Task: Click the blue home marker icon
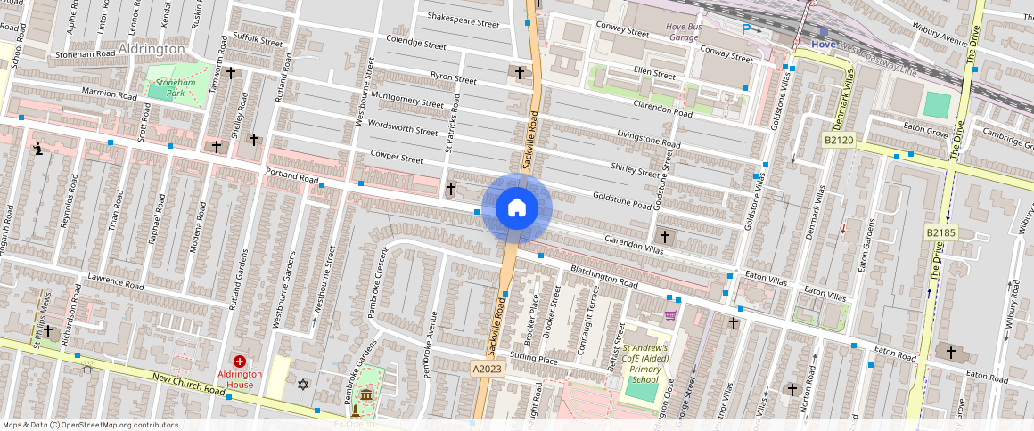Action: pos(517,208)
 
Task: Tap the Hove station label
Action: pos(825,44)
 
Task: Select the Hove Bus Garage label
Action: pos(694,32)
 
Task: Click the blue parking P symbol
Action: pos(746,29)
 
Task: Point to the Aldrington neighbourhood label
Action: pos(151,48)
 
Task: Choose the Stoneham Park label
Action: pos(168,86)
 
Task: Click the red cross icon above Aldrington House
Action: pos(240,361)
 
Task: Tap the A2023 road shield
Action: pos(487,367)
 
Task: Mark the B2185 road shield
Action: pos(940,233)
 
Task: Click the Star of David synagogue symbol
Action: pos(302,385)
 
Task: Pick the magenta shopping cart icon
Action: pos(669,314)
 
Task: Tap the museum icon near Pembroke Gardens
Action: pos(367,395)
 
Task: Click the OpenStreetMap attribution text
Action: pos(91,425)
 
